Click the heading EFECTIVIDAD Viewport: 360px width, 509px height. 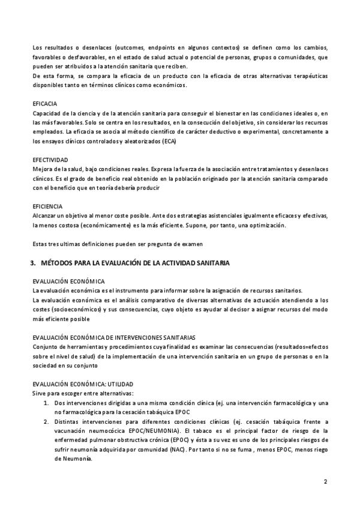click(50, 160)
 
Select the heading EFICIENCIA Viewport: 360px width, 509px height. click(47, 206)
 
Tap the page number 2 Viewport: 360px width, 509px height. click(325, 481)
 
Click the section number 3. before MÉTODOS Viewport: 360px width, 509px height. click(34, 262)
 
